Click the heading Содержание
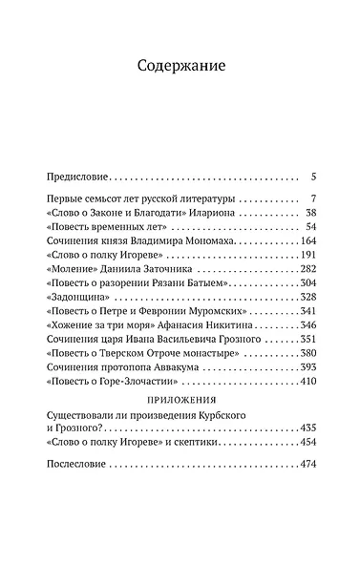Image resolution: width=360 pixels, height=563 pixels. point(180,68)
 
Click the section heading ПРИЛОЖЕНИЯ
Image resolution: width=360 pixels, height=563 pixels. point(180,402)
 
